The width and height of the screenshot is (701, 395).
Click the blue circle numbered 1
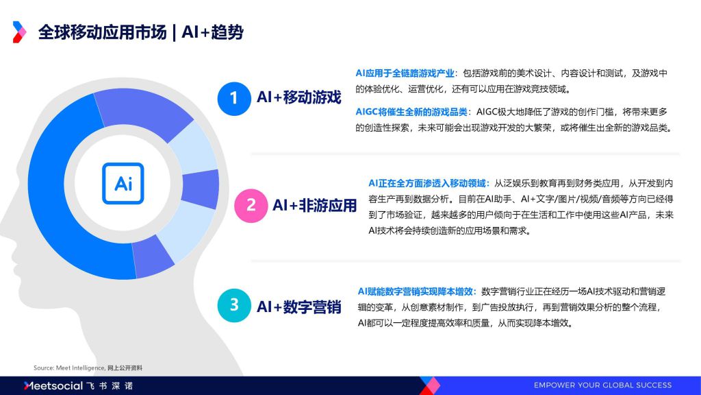point(234,99)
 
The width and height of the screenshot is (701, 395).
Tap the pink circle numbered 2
point(251,206)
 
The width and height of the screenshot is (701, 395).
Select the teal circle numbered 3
point(234,305)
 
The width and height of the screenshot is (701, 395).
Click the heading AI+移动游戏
point(298,97)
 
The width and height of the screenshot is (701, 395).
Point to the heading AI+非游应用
point(315,205)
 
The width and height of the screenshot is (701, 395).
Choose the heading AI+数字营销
point(298,307)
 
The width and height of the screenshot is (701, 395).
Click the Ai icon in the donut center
point(123,183)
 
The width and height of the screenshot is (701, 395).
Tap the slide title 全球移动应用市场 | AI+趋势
point(141,32)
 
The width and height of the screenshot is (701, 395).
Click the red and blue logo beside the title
point(18,32)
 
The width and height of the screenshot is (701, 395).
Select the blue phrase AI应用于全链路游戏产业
point(405,73)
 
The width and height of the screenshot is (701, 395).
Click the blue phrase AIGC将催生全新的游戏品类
point(411,112)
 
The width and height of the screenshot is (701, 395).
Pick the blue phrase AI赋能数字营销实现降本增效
point(416,291)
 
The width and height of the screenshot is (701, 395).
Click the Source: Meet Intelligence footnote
point(88,368)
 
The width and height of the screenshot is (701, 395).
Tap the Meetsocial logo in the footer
point(79,385)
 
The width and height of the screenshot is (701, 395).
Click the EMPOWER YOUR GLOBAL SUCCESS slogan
point(602,385)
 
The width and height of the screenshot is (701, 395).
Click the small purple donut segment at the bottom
point(152,257)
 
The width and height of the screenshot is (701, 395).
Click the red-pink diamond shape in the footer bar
point(430,385)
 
